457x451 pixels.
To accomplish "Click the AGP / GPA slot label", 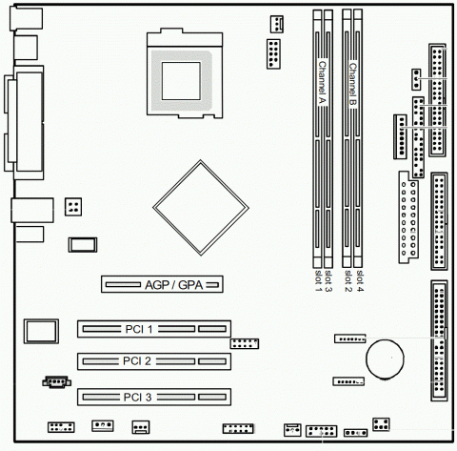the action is click(x=173, y=285).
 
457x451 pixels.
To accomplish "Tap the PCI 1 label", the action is click(x=139, y=329).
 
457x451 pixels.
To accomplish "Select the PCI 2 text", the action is click(x=137, y=361).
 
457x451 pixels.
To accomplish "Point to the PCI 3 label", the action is click(x=137, y=397).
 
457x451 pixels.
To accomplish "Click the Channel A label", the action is click(x=322, y=83).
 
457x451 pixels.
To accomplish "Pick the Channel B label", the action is click(x=352, y=85).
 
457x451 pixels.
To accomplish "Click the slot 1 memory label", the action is click(x=318, y=281).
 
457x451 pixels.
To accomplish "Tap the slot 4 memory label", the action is click(x=360, y=281).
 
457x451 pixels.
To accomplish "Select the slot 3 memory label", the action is click(x=328, y=281).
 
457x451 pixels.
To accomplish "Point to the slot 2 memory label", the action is click(x=348, y=281).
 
